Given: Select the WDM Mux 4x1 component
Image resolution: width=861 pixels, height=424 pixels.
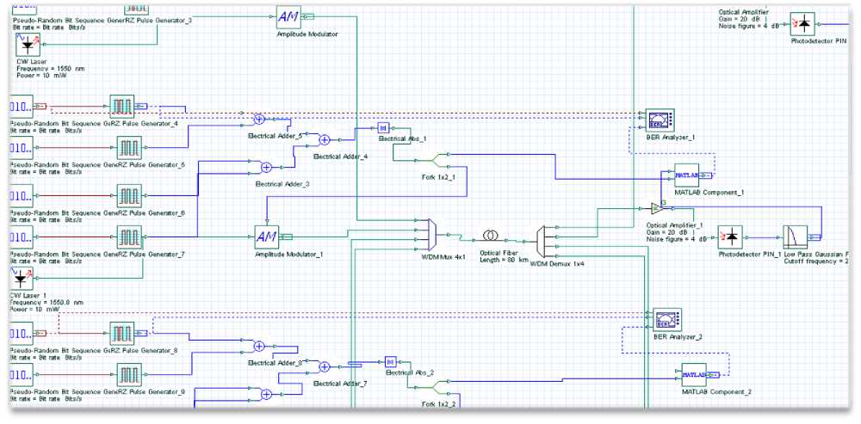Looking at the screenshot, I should tap(432, 232).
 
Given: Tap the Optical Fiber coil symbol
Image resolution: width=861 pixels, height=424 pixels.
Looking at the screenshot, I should tap(490, 235).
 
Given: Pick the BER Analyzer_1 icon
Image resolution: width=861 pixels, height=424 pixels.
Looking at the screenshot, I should tap(659, 120).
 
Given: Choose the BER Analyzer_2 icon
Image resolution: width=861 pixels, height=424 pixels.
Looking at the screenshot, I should tap(666, 320).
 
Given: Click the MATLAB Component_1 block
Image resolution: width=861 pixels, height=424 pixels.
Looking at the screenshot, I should tap(686, 175).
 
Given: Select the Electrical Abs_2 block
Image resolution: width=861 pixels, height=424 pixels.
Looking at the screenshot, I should tap(390, 362).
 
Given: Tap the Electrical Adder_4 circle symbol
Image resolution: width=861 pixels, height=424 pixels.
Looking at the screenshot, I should tap(325, 140).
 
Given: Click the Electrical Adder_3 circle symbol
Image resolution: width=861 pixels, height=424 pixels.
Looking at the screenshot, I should tap(267, 167).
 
